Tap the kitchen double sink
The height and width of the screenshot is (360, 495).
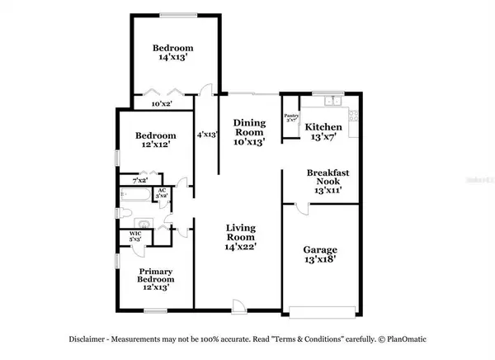coord(332,102)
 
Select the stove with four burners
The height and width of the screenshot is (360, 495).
coord(355,123)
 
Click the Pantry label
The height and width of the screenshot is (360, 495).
coord(290,116)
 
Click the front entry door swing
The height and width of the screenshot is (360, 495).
coord(238,306)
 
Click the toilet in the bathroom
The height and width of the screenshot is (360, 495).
coord(119,213)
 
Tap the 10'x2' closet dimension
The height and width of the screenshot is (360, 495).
coord(162,104)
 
